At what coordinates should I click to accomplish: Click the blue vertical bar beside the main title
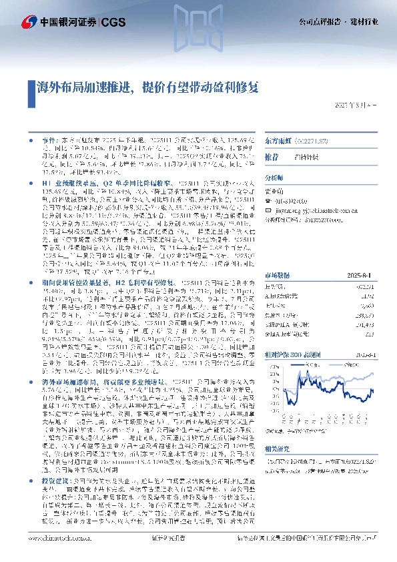[x=31, y=87]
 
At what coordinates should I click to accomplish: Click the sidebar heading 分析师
[x=274, y=178]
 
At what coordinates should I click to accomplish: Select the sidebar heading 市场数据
[x=277, y=256]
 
